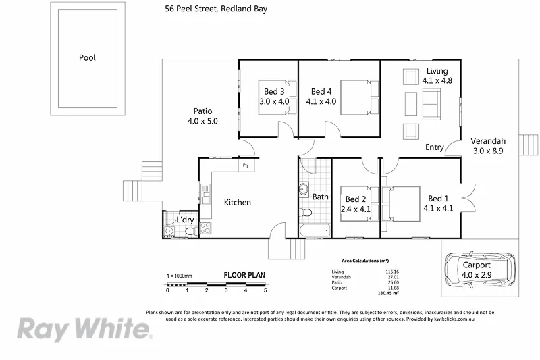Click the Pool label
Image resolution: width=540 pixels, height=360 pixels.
(x=87, y=58)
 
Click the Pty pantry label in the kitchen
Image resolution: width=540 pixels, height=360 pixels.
(x=246, y=165)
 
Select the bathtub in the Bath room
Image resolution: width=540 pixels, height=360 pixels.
(x=315, y=232)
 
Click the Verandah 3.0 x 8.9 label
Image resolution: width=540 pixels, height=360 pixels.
(x=487, y=146)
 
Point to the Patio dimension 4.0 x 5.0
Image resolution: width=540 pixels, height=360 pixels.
(x=203, y=122)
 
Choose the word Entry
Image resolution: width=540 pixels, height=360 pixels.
(x=435, y=148)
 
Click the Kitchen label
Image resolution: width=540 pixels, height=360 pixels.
(x=238, y=202)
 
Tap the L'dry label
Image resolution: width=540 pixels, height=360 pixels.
(x=185, y=220)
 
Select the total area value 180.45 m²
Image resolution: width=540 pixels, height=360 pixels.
(x=387, y=293)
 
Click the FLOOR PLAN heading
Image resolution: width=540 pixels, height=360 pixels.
(x=244, y=275)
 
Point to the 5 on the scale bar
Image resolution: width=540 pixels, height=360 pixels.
(x=265, y=290)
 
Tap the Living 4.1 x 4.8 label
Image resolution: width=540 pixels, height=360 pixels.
(x=437, y=76)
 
